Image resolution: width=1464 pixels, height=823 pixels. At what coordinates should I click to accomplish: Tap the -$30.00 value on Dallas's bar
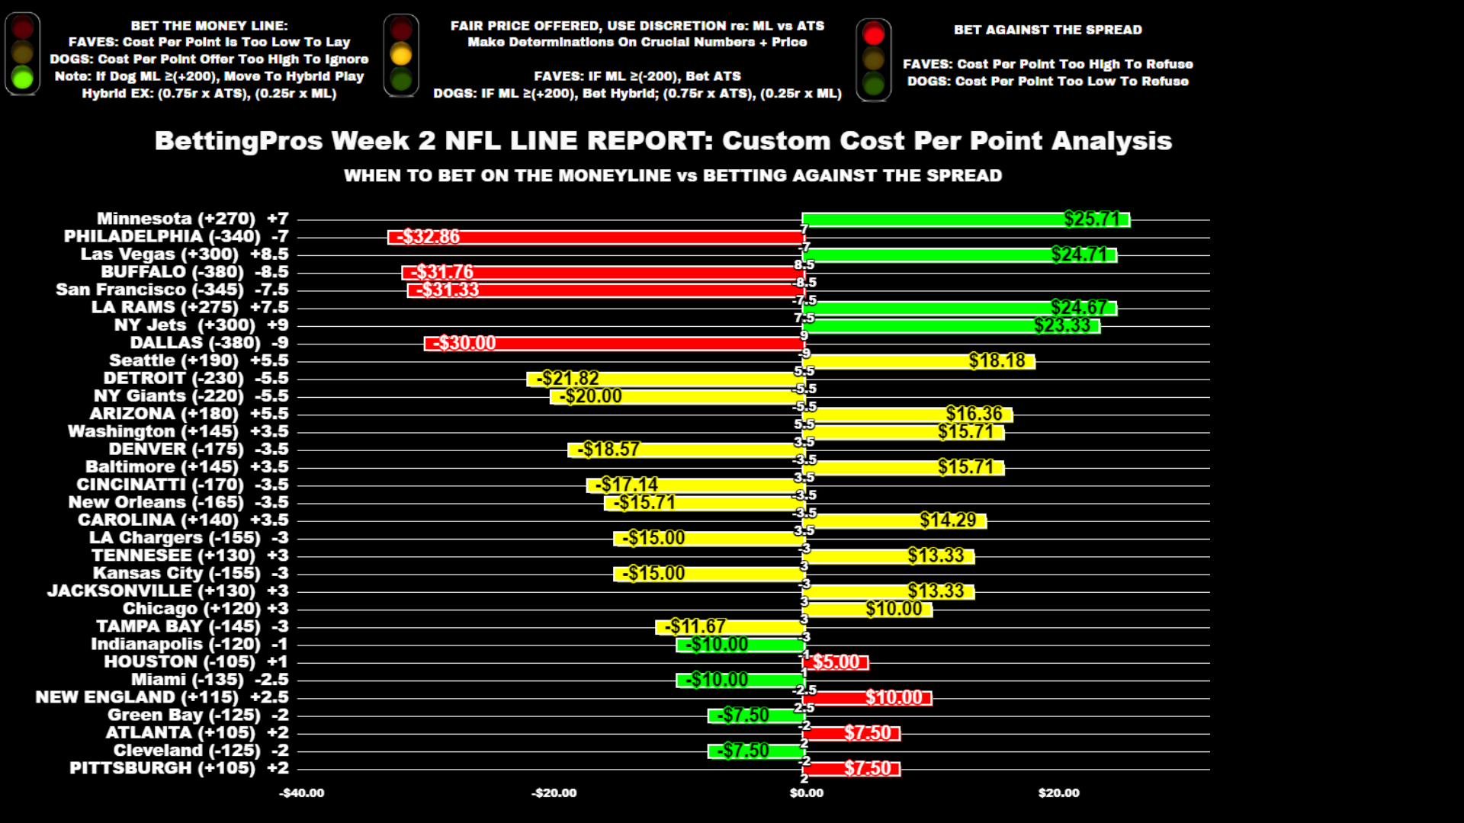pyautogui.click(x=464, y=344)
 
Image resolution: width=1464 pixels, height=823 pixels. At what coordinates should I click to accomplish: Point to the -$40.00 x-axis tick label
pyautogui.click(x=302, y=793)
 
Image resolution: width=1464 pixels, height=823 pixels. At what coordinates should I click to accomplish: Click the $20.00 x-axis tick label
pyautogui.click(x=1058, y=793)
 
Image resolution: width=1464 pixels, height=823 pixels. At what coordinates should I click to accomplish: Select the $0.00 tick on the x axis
pyautogui.click(x=806, y=793)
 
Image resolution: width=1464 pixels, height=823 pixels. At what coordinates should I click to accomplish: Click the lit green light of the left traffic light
pyautogui.click(x=23, y=77)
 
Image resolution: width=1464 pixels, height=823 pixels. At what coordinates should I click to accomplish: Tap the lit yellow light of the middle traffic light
pyautogui.click(x=401, y=54)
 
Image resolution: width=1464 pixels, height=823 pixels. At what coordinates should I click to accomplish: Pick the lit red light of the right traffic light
pyautogui.click(x=874, y=34)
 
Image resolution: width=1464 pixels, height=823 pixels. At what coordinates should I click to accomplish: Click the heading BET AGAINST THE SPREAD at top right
pyautogui.click(x=1048, y=30)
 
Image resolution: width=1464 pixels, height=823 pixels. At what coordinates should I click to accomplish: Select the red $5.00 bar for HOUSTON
pyautogui.click(x=835, y=662)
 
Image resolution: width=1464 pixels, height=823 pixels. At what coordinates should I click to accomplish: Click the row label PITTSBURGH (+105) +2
pyautogui.click(x=179, y=768)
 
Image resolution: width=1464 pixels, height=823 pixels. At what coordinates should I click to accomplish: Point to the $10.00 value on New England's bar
pyautogui.click(x=894, y=698)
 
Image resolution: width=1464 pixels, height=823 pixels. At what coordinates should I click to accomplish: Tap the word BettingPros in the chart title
pyautogui.click(x=237, y=141)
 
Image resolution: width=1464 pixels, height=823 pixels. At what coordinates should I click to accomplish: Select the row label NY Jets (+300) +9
pyautogui.click(x=201, y=325)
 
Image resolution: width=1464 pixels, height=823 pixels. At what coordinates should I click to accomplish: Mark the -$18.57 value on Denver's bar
pyautogui.click(x=608, y=450)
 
